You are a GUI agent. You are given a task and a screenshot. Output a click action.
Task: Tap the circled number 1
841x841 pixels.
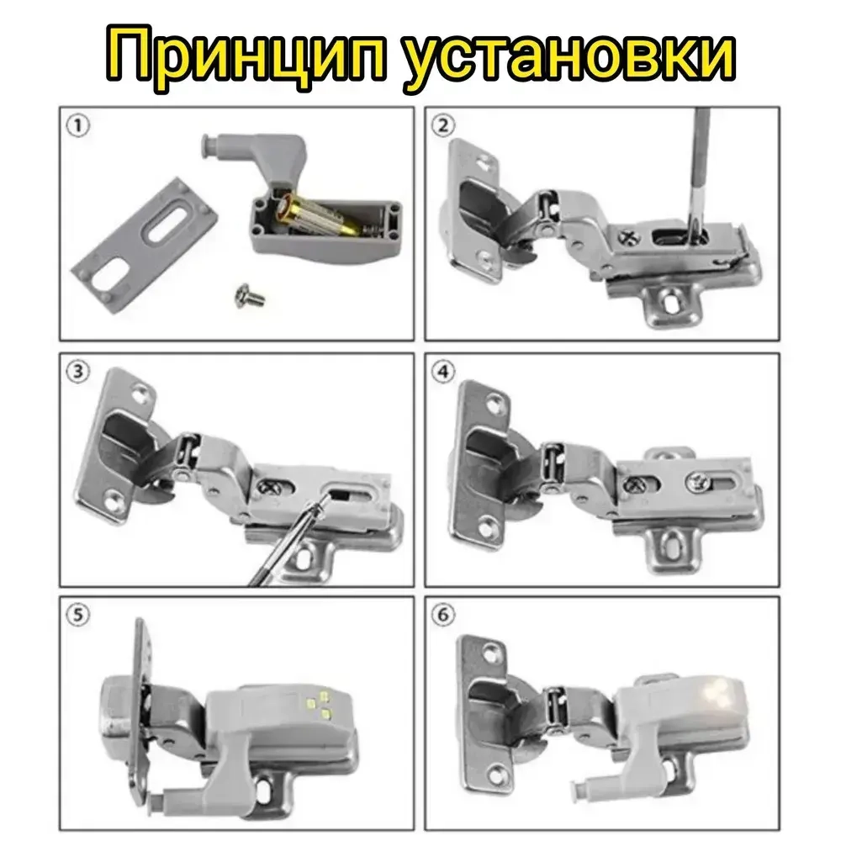(77, 126)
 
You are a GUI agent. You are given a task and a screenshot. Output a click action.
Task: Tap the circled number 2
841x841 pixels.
(443, 126)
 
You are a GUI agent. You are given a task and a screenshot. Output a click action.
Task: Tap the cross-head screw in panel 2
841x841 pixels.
(629, 235)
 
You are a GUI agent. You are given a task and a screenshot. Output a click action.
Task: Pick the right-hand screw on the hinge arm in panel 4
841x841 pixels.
(697, 481)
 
